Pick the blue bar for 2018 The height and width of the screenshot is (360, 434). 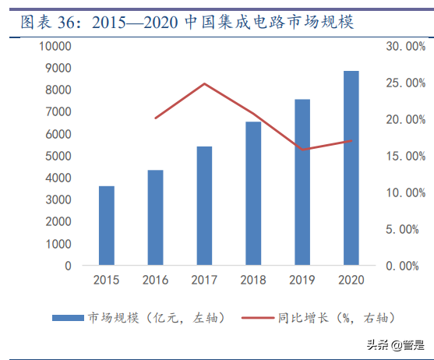[253, 194]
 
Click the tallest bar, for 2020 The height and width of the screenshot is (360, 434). [351, 168]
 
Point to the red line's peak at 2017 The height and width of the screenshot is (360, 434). [204, 83]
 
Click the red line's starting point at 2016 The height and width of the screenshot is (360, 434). [156, 118]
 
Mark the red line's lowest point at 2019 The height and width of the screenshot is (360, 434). [302, 150]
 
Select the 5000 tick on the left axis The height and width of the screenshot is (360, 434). [58, 156]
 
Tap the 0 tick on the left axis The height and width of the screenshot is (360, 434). [68, 266]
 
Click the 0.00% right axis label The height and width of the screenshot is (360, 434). [408, 266]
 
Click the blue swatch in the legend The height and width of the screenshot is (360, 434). [68, 317]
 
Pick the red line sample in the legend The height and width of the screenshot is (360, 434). [257, 317]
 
